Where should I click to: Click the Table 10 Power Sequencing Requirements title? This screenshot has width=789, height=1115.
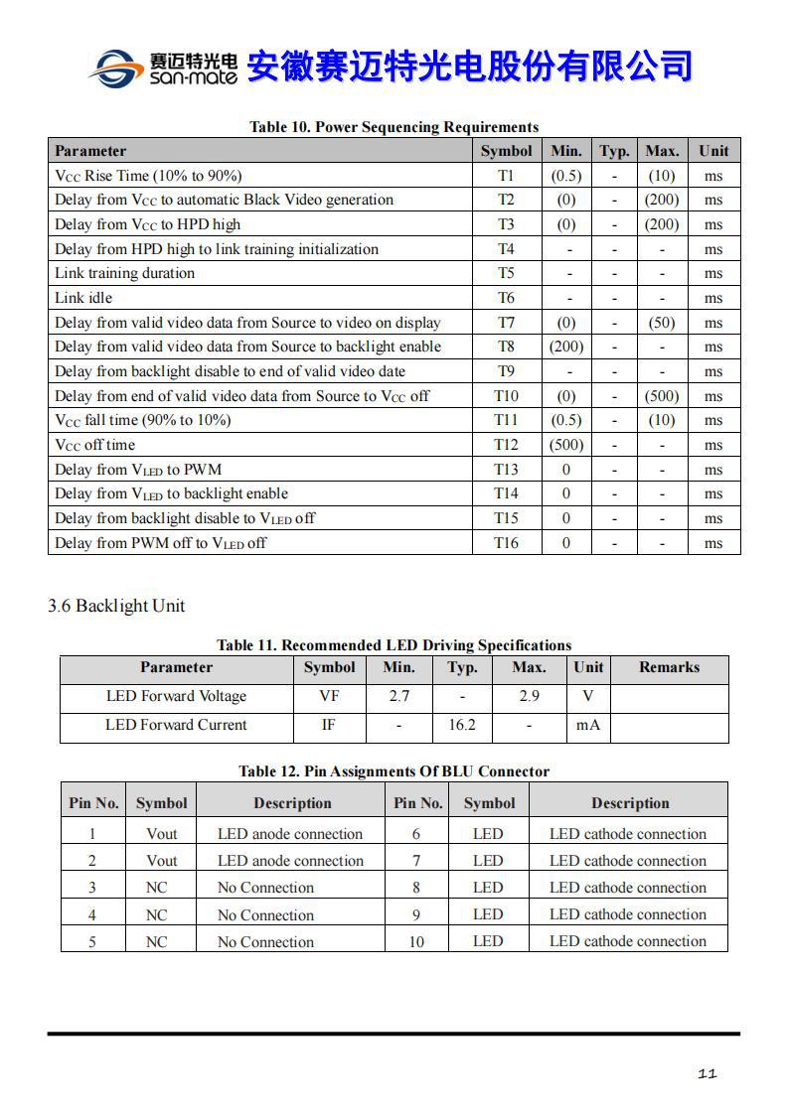tap(394, 127)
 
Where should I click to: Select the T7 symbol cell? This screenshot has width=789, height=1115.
tap(506, 323)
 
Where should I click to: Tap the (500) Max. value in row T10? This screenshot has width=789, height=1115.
tap(662, 396)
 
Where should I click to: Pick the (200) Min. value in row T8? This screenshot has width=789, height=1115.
tap(566, 347)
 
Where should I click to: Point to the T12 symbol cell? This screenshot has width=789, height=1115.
tap(506, 445)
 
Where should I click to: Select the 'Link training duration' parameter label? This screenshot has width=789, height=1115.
tap(125, 273)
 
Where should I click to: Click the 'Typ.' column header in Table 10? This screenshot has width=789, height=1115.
tap(614, 151)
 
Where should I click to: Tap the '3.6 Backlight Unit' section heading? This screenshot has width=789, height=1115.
tap(116, 606)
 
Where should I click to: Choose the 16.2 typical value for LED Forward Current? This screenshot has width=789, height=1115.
tap(462, 725)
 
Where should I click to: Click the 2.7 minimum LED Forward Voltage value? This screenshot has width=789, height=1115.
tap(398, 696)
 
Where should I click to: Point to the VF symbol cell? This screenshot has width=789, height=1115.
tap(329, 696)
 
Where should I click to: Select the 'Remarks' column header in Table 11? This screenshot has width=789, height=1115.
tap(669, 667)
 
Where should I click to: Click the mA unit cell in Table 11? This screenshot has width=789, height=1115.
tap(588, 725)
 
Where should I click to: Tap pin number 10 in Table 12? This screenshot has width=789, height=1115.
tap(416, 941)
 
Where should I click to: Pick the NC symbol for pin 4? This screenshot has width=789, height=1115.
tap(157, 914)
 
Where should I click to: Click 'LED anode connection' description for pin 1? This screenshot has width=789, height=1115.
tap(290, 834)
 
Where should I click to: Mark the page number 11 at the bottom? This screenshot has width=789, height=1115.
tap(708, 1073)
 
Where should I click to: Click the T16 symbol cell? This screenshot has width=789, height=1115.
tap(506, 543)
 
